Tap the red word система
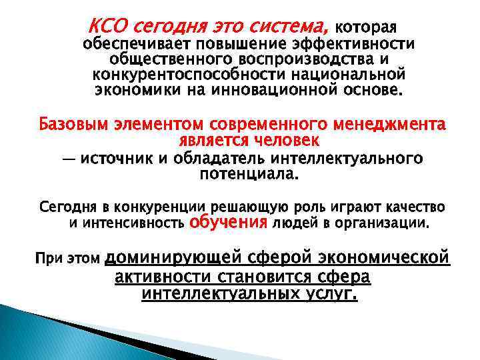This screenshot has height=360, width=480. point(291,27)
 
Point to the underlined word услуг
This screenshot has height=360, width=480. point(331,293)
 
